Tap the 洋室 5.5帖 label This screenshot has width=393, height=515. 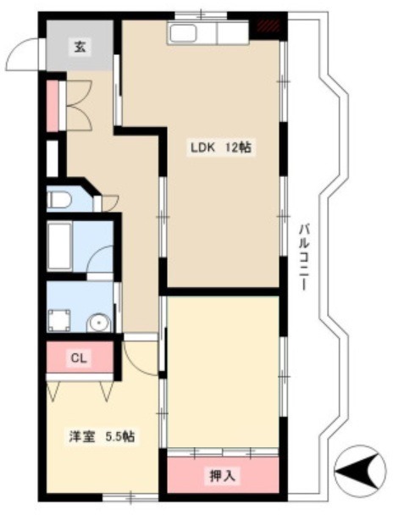click(x=102, y=436)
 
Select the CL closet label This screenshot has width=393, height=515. click(x=79, y=357)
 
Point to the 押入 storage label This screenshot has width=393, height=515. click(x=223, y=475)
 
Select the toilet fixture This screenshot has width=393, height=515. click(x=58, y=200)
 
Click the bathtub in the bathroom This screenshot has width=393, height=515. click(x=59, y=246)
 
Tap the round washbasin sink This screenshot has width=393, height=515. click(x=99, y=324)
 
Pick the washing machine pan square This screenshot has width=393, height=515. click(x=59, y=320)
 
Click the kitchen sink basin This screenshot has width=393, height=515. click(x=184, y=33)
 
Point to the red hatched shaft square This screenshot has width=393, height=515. click(x=268, y=25)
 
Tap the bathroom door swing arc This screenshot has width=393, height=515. click(x=100, y=258)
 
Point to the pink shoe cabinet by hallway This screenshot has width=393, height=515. click(x=53, y=105)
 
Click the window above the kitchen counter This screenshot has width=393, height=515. click(x=201, y=15)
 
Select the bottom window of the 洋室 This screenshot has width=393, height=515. click(x=130, y=497)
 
